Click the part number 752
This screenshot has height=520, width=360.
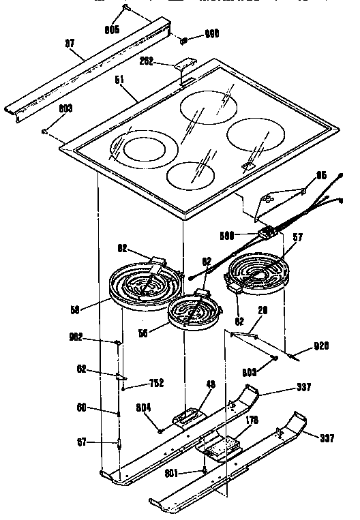[x=157, y=382]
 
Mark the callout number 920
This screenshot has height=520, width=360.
[x=321, y=346]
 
